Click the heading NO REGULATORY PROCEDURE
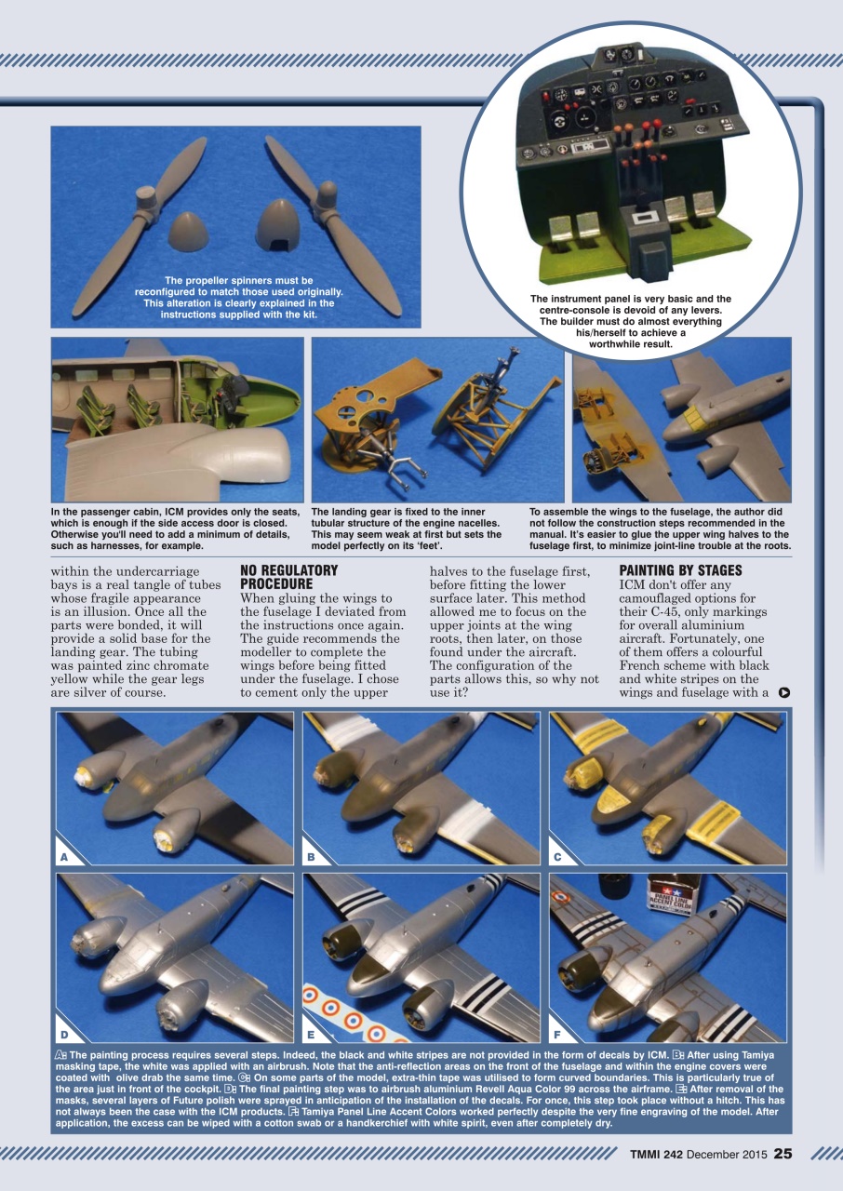tap(288, 577)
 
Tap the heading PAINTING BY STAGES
tap(680, 570)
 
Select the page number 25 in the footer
tap(783, 1154)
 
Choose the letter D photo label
tap(64, 1033)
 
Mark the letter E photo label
tap(312, 1033)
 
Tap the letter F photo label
tap(557, 1033)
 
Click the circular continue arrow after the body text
tap(785, 692)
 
